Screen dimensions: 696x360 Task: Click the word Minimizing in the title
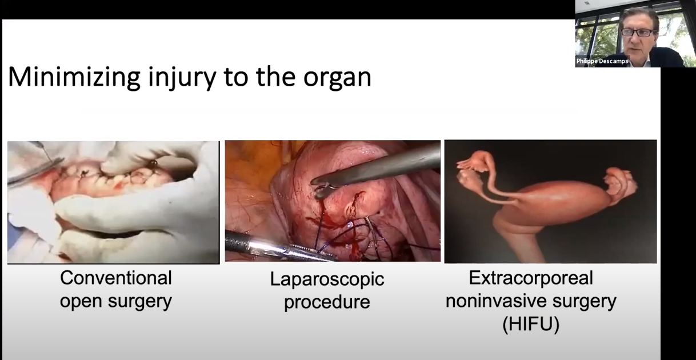pyautogui.click(x=74, y=78)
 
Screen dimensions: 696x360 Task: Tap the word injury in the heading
pyautogui.click(x=182, y=78)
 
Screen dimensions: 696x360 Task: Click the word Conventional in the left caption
pyautogui.click(x=115, y=278)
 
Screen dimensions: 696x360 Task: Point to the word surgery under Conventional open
pyautogui.click(x=139, y=302)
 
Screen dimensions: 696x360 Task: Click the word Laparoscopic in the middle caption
pyautogui.click(x=327, y=279)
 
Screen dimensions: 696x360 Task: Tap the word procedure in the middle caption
pyautogui.click(x=327, y=302)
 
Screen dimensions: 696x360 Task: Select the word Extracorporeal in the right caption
pyautogui.click(x=531, y=278)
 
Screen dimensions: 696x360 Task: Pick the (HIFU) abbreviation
pyautogui.click(x=531, y=324)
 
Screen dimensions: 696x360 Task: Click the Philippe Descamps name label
pyautogui.click(x=602, y=61)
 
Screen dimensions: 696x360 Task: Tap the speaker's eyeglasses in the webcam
pyautogui.click(x=639, y=33)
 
